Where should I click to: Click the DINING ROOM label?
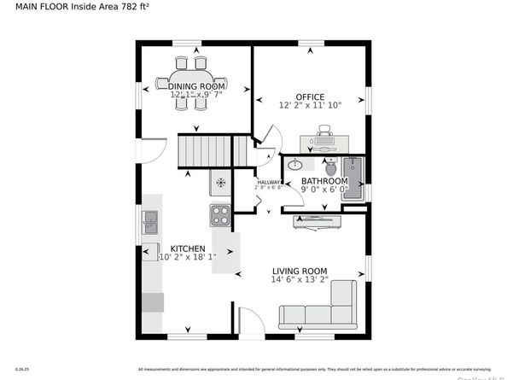click(x=196, y=86)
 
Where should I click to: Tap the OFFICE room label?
click(x=310, y=96)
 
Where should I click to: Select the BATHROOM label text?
click(x=324, y=181)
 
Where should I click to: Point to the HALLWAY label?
click(x=269, y=181)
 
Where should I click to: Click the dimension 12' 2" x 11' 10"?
click(x=310, y=106)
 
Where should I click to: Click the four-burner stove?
click(x=220, y=215)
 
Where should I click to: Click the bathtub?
click(x=353, y=178)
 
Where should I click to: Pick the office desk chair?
click(x=324, y=132)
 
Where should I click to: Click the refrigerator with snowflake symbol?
click(x=220, y=182)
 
